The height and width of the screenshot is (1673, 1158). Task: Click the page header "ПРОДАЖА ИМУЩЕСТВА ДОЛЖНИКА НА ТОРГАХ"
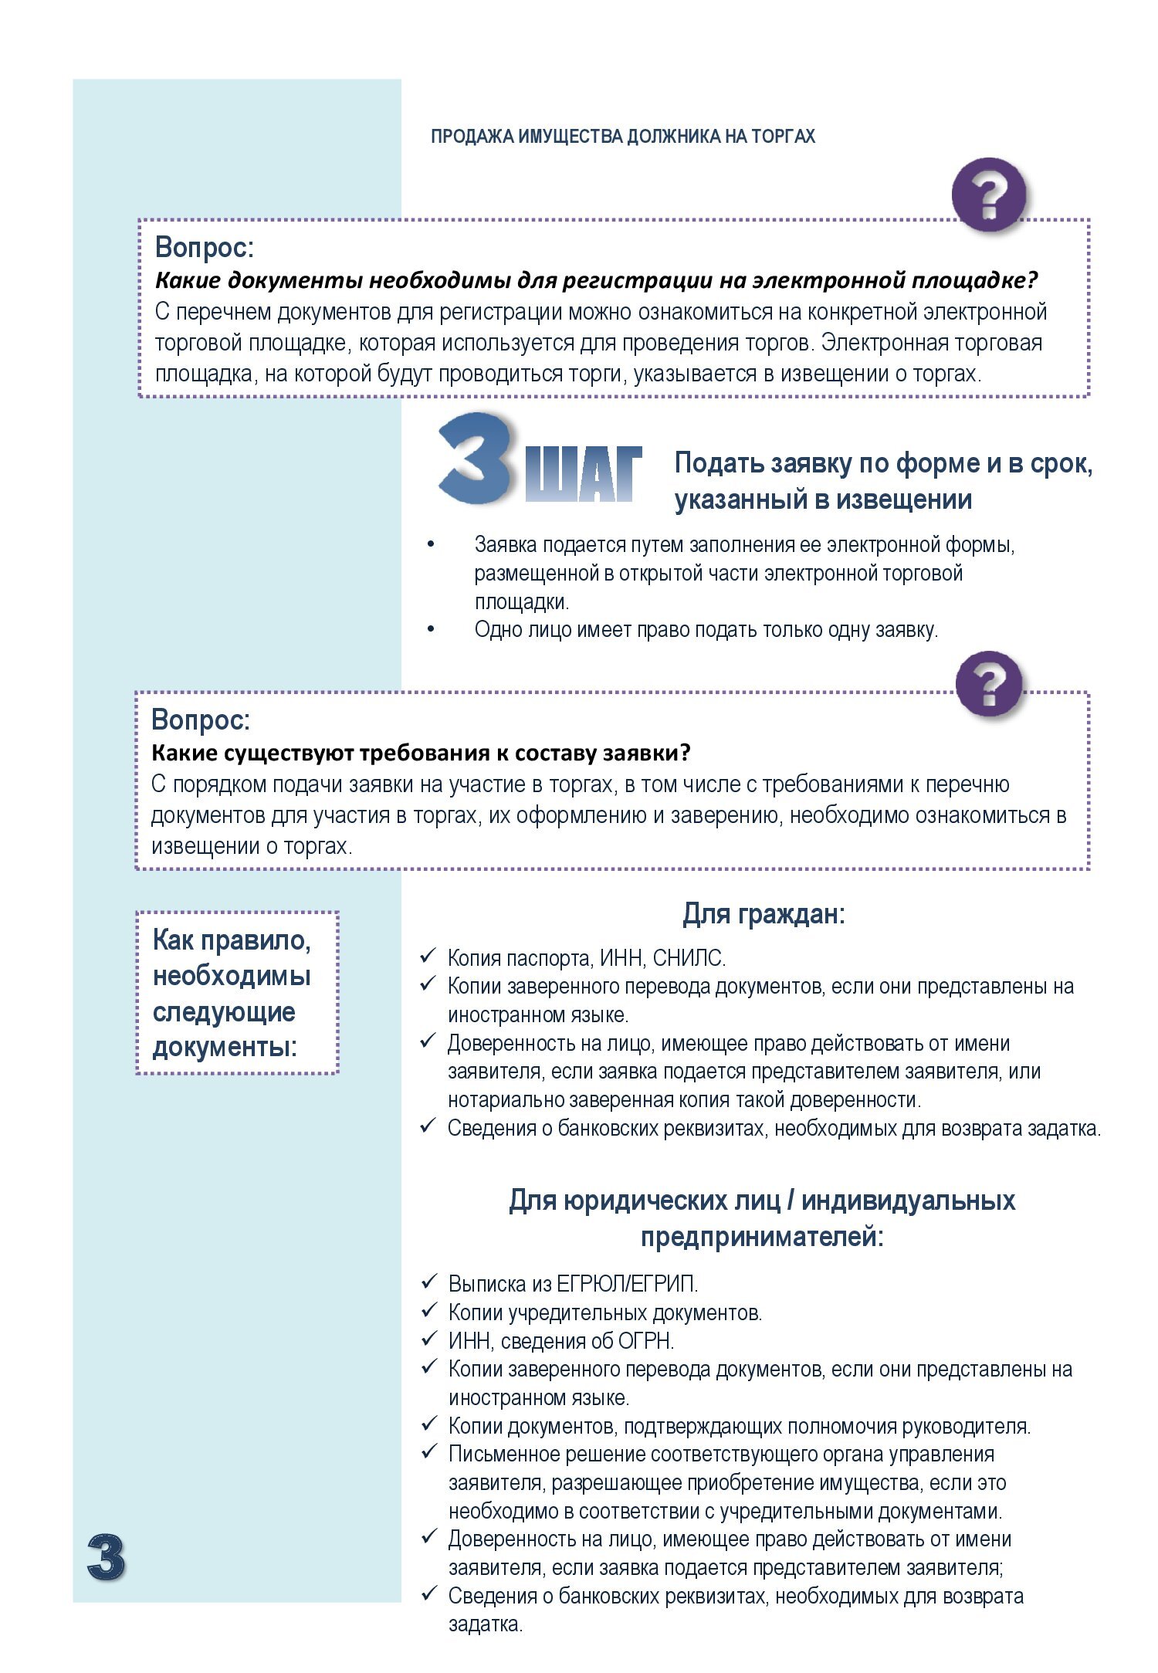pos(622,137)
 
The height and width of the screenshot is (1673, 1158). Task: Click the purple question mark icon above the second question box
pos(990,683)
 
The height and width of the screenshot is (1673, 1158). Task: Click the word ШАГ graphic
pos(584,473)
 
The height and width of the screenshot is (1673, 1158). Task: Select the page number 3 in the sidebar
pos(106,1556)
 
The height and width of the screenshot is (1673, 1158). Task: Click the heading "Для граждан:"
pos(764,914)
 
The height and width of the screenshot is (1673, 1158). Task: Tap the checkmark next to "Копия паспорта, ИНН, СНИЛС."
pos(428,957)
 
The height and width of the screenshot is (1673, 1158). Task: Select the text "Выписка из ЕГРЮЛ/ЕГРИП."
pos(573,1283)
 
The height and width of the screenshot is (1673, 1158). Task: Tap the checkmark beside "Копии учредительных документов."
pos(429,1310)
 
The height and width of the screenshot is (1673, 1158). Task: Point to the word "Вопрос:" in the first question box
pos(205,247)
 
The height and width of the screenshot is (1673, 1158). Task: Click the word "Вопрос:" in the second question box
pos(201,720)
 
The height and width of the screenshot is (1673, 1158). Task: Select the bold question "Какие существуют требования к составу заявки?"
pos(421,752)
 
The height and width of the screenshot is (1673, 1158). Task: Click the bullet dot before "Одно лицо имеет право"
pos(431,628)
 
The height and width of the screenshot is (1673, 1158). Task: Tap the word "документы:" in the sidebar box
pos(225,1047)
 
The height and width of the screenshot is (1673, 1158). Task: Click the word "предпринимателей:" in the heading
pos(762,1237)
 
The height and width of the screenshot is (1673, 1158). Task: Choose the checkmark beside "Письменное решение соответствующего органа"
pos(429,1452)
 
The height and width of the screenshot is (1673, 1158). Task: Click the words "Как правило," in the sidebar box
pos(232,940)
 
